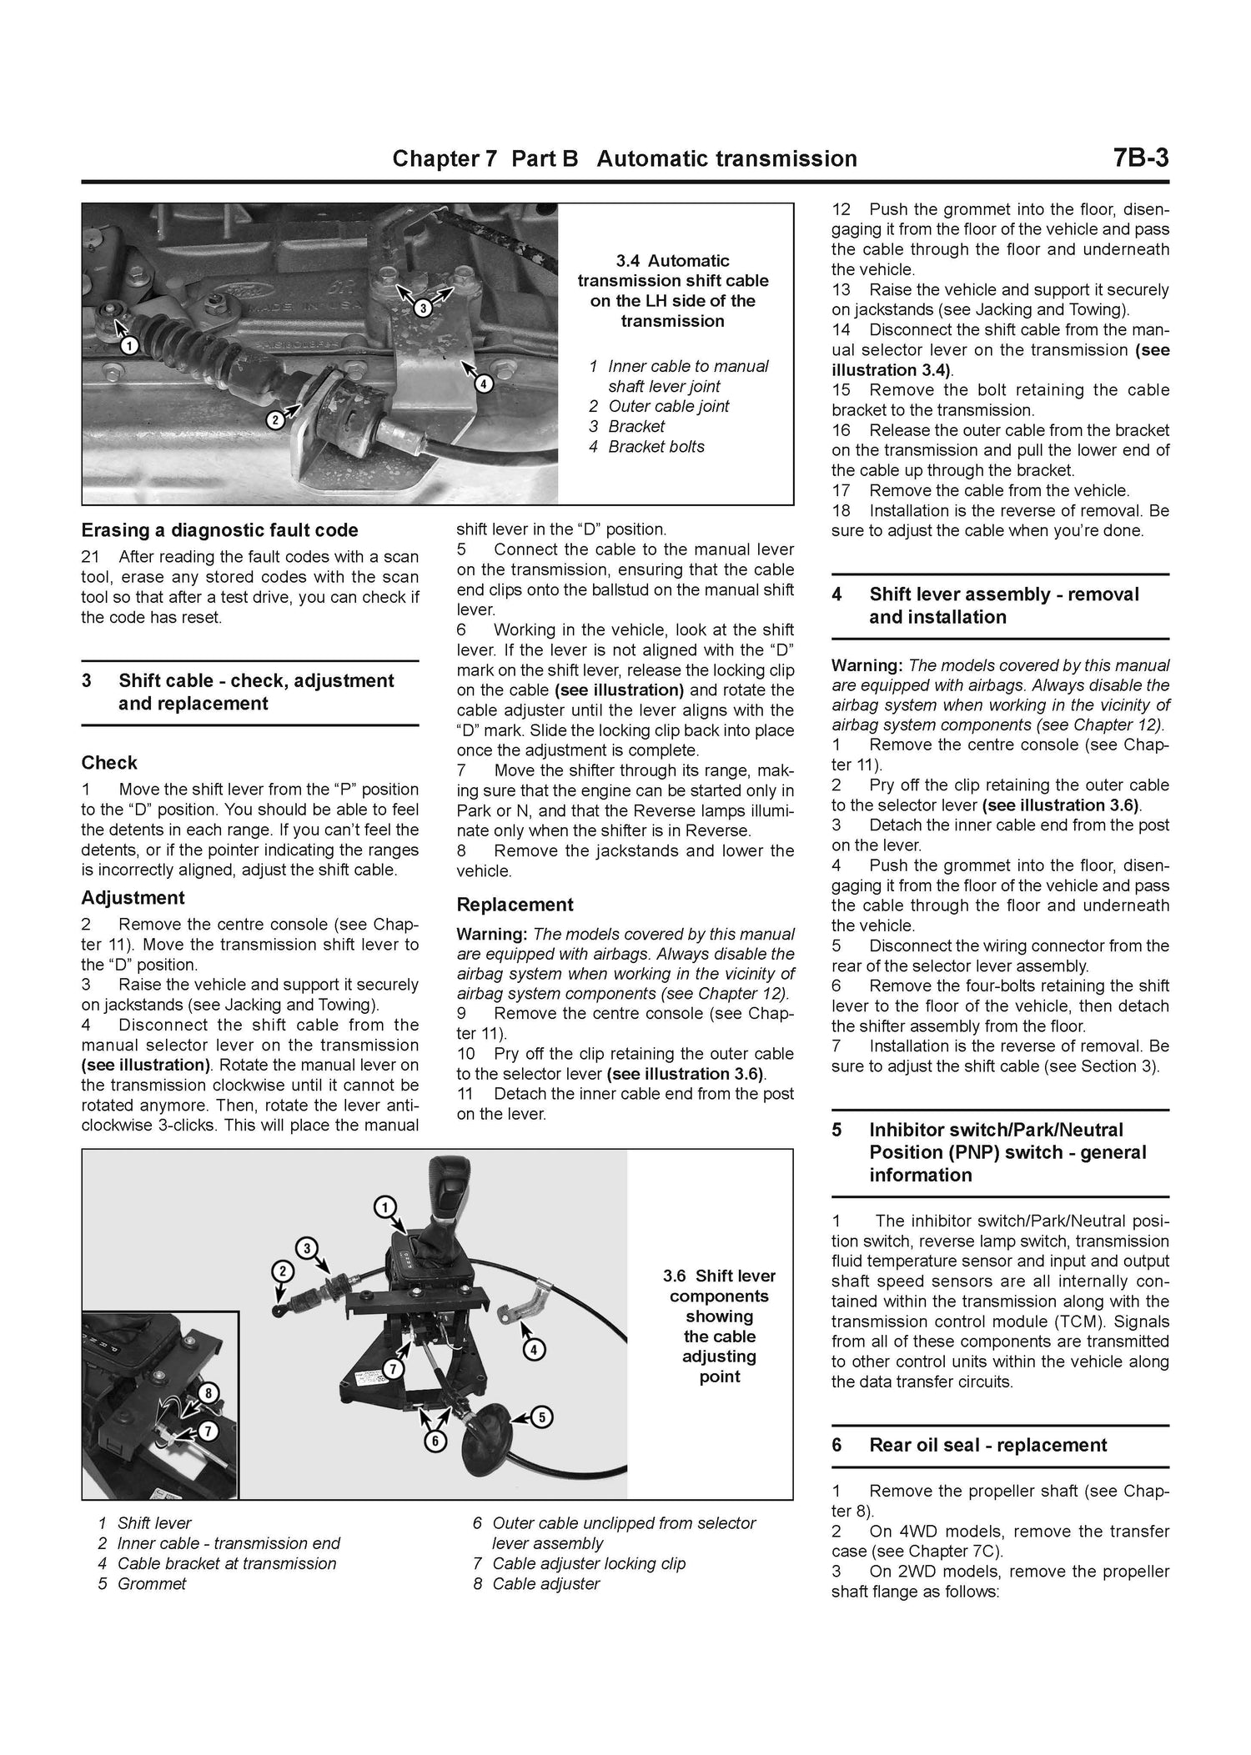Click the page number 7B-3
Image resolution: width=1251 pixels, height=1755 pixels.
[x=1140, y=158]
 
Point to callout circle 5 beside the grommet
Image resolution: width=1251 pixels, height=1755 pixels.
[x=540, y=1416]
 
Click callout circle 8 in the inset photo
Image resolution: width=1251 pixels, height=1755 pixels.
[x=208, y=1391]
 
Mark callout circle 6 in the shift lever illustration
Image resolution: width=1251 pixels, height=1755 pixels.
[x=435, y=1441]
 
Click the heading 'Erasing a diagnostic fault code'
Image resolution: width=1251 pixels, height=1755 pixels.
[x=219, y=530]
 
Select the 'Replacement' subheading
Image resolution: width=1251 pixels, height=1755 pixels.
[x=515, y=905]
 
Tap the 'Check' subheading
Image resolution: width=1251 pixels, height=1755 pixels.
[x=109, y=762]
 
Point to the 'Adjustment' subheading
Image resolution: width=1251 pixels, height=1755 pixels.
[x=133, y=898]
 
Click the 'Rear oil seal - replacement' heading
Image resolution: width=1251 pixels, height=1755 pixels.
[x=987, y=1445]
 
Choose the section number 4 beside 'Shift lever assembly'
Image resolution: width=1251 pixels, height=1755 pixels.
[x=837, y=594]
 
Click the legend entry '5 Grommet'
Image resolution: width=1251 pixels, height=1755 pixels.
[x=142, y=1583]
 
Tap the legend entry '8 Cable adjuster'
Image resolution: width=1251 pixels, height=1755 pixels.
[x=536, y=1583]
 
